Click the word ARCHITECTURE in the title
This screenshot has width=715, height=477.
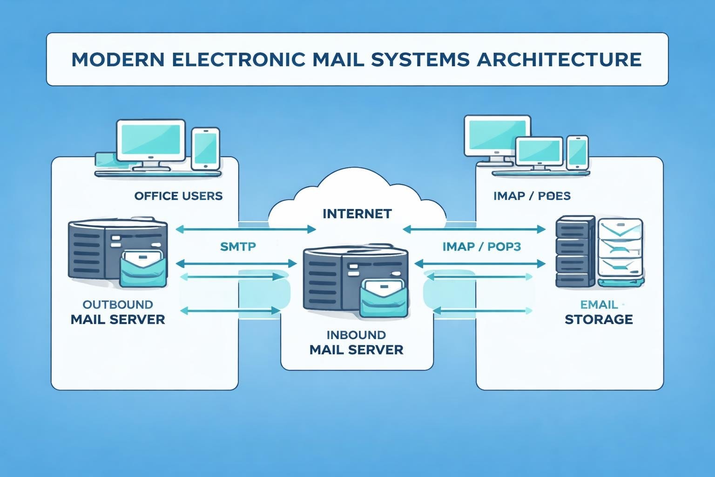[559, 60]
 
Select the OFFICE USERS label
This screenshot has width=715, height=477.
[178, 196]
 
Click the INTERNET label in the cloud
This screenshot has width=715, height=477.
[357, 214]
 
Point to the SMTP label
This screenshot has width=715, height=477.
[238, 246]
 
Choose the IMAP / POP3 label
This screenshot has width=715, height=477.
[481, 246]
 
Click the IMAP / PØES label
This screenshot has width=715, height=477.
[532, 196]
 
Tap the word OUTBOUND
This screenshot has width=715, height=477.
[118, 305]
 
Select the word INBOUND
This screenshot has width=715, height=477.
[356, 335]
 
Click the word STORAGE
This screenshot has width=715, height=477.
[599, 320]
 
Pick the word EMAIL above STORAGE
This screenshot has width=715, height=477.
[599, 305]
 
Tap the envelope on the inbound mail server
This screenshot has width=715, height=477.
[384, 299]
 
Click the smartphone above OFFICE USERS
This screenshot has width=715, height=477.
[205, 149]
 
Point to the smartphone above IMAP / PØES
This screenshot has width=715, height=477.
[577, 152]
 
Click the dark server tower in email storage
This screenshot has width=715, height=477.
[575, 252]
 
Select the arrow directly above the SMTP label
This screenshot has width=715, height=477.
[246, 229]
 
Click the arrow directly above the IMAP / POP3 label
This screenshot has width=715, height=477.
[474, 229]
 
